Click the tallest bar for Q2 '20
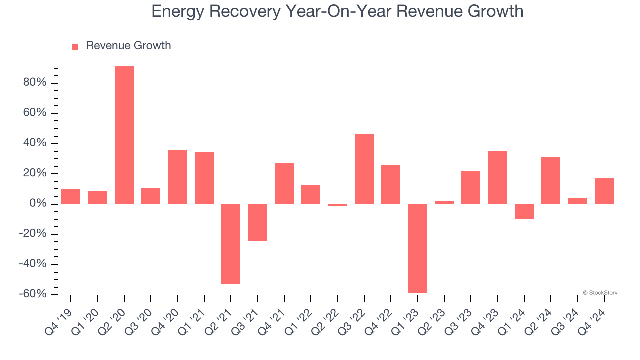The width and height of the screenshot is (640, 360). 124,135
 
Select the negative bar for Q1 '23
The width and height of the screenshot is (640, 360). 418,248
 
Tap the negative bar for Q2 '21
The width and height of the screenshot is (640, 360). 231,244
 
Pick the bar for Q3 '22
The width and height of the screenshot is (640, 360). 364,169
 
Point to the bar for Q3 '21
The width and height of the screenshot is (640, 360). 258,222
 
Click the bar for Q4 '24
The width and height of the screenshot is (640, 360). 604,191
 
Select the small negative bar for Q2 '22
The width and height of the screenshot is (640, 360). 338,205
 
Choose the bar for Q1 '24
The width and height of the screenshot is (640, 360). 524,211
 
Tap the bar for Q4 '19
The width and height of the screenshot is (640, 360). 71,196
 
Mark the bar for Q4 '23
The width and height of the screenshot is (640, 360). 497,177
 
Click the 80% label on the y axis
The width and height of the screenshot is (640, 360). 35,83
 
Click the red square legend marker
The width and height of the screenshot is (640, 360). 75,47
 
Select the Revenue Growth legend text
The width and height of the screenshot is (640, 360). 128,46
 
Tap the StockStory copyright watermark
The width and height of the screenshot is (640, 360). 600,293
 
